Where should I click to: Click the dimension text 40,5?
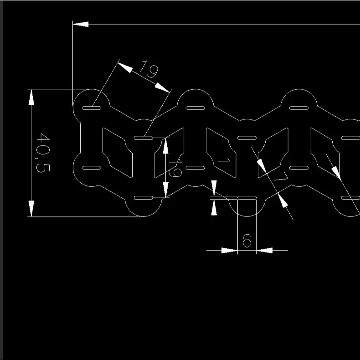(x=43, y=153)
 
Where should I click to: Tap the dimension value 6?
(x=247, y=241)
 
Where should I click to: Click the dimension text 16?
(x=176, y=168)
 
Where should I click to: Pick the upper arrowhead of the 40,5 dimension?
(x=31, y=97)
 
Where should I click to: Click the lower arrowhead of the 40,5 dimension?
(x=31, y=209)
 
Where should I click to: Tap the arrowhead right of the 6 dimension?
(x=264, y=250)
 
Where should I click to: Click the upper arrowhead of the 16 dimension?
(x=165, y=144)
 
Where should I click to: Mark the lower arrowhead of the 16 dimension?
(x=165, y=190)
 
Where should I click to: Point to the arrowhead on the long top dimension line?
(x=81, y=24)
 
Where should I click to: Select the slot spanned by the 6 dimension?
(x=247, y=198)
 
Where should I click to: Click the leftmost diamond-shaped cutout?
(x=117, y=152)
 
